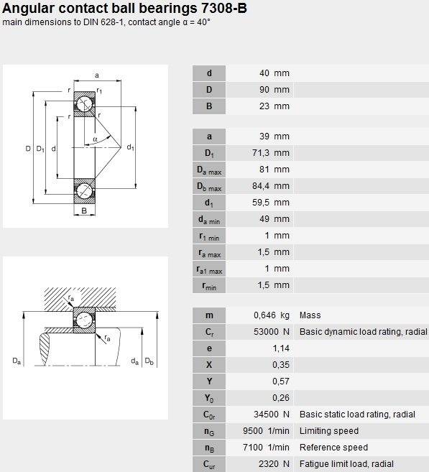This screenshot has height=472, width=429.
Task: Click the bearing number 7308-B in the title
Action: point(223,8)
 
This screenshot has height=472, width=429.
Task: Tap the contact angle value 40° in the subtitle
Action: point(204,22)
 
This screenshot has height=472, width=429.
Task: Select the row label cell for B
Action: point(209,106)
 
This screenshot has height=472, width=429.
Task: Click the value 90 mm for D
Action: point(275,90)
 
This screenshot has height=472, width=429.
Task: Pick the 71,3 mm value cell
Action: point(271,153)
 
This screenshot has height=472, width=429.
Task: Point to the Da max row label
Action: point(209,170)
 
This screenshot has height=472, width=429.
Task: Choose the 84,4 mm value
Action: point(271,186)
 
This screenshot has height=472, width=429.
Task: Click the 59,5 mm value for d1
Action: point(271,203)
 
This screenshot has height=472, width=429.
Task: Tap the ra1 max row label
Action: point(209,269)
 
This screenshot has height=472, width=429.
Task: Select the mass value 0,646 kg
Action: point(271,315)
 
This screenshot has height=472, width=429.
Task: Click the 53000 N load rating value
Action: point(271,332)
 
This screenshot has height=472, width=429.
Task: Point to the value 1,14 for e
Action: point(281,348)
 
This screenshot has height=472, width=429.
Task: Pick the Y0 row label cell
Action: point(209,398)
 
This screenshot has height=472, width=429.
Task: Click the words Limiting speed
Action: point(328,431)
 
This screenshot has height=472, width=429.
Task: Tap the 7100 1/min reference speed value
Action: point(266,448)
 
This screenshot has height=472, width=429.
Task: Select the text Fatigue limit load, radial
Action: point(346,464)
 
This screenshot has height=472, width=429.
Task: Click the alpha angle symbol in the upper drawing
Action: point(95,139)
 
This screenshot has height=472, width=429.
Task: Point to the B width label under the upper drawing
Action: point(84,210)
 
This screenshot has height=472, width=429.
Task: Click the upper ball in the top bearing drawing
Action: point(84,104)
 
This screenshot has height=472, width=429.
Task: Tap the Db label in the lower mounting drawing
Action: point(149,361)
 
